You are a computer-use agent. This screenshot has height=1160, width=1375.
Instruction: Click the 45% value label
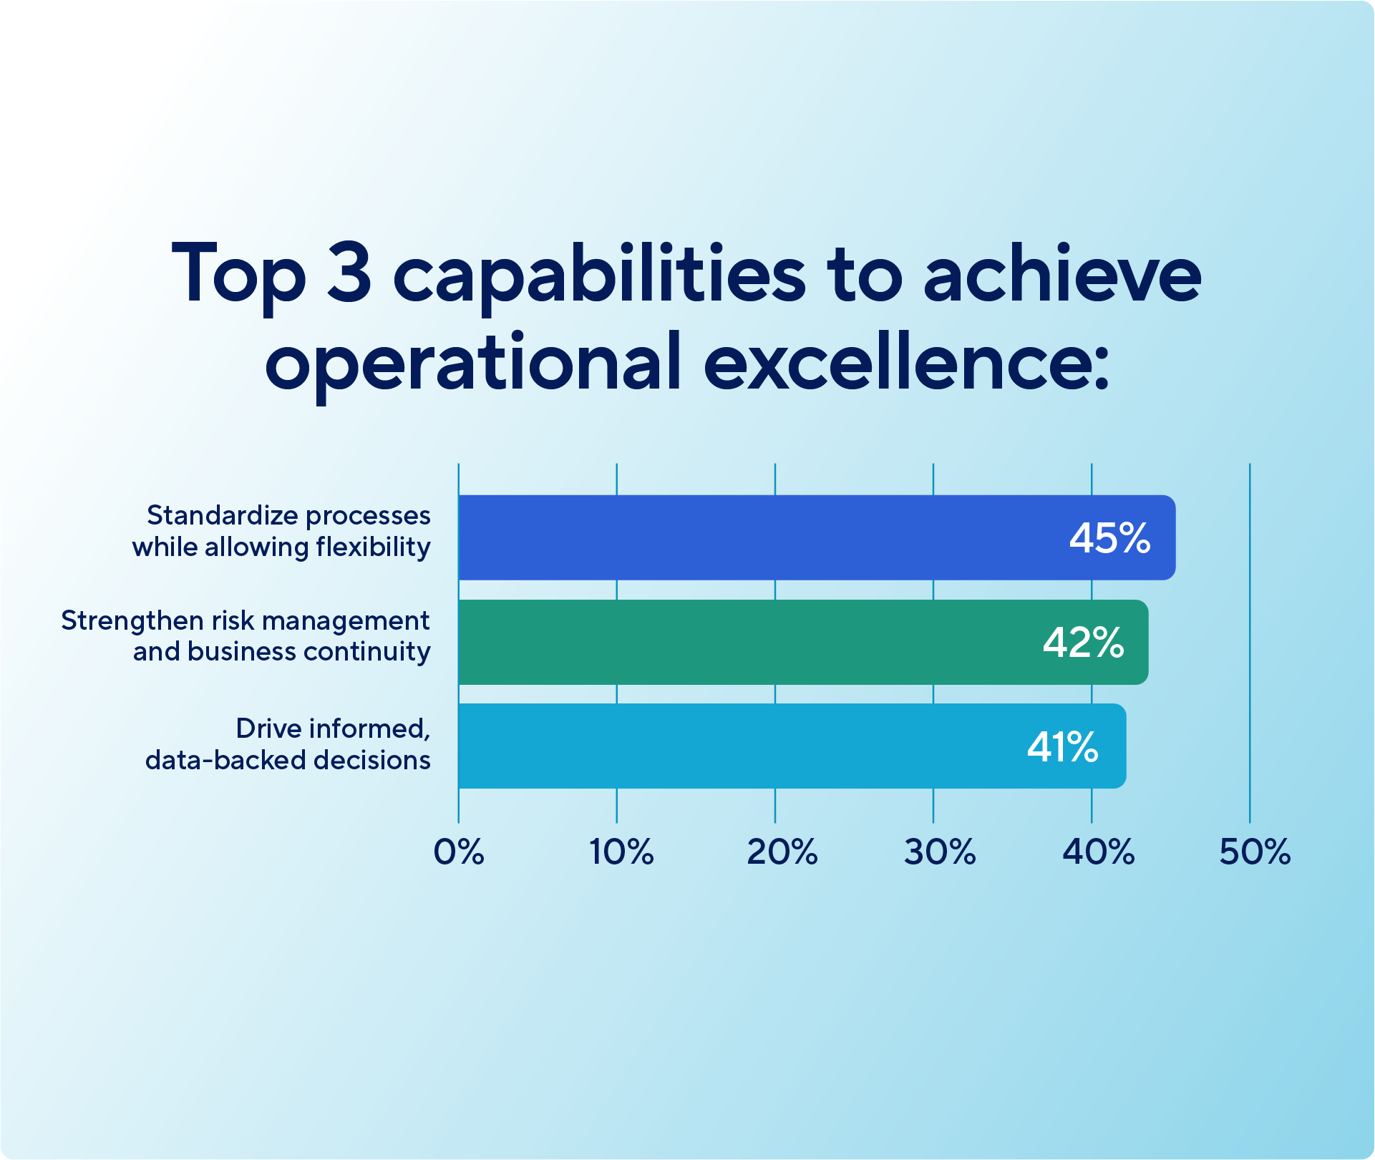point(1109,538)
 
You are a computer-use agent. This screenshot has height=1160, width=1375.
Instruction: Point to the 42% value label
point(1083,643)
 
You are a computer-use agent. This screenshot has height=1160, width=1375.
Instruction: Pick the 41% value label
point(1062,747)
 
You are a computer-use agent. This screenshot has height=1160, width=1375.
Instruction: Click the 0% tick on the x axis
point(459,852)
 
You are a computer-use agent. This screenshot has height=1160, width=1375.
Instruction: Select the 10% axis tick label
point(621,852)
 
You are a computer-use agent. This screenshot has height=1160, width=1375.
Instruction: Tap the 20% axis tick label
point(782,852)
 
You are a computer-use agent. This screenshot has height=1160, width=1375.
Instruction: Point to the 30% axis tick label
point(940,852)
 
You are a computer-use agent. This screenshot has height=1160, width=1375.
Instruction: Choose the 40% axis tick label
point(1099,852)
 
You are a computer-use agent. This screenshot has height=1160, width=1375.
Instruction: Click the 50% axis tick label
point(1255,852)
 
